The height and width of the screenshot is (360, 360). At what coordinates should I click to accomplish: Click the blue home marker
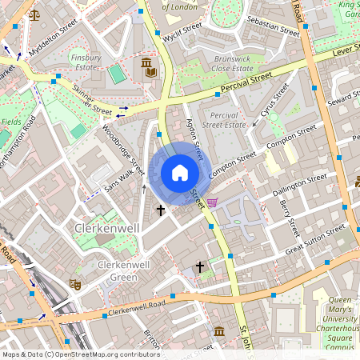(x=180, y=173)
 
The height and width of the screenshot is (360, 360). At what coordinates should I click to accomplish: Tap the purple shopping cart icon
(x=212, y=202)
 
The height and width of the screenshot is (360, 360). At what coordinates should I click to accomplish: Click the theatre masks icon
(x=75, y=283)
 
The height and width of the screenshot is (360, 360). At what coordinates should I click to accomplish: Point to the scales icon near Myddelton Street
(x=34, y=14)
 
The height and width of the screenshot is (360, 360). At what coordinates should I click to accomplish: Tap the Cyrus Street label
(x=275, y=105)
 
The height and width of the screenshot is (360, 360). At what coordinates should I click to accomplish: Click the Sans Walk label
(x=119, y=180)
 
